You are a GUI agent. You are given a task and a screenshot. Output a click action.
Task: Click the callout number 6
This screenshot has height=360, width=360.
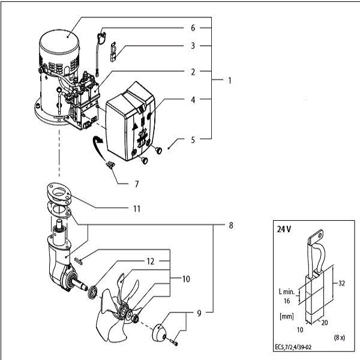click(x=193, y=28)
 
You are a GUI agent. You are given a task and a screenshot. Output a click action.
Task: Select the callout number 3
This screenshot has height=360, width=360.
click(x=193, y=45)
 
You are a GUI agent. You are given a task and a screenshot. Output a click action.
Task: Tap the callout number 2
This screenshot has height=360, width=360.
click(x=193, y=71)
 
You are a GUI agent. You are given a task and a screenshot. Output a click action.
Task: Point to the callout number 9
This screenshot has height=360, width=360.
click(x=198, y=312)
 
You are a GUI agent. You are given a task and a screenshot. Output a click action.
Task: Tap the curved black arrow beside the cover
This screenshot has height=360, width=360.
click(x=97, y=146)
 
